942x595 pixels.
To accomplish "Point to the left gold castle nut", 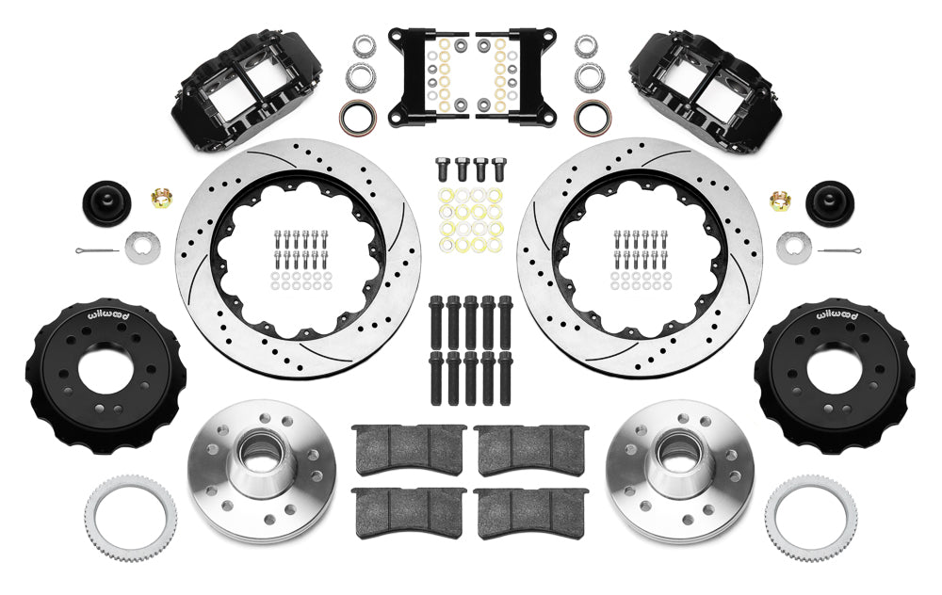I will click(161, 200).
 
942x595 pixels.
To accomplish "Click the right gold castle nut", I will click(781, 200).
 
